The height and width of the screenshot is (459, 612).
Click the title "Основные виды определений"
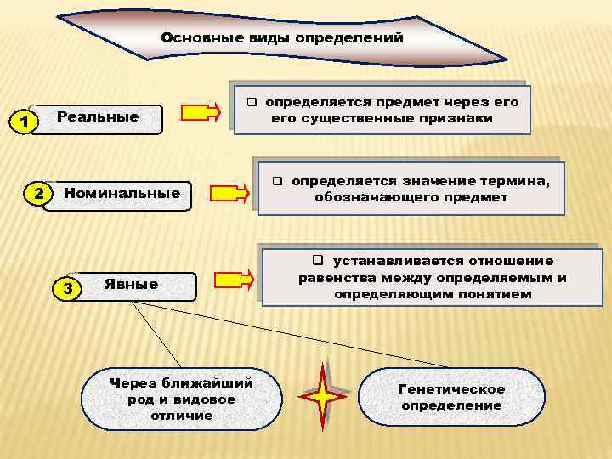point(282,38)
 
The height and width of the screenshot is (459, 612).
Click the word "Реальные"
point(97,116)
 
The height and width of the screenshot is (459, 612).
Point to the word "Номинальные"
point(122,193)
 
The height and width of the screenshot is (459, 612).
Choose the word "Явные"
point(131,284)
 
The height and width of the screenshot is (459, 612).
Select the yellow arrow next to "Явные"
point(233,279)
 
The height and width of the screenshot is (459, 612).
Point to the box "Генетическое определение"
point(452,397)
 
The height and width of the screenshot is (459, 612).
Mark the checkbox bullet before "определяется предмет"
point(252,101)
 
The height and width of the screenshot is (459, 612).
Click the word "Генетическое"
point(452,389)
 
